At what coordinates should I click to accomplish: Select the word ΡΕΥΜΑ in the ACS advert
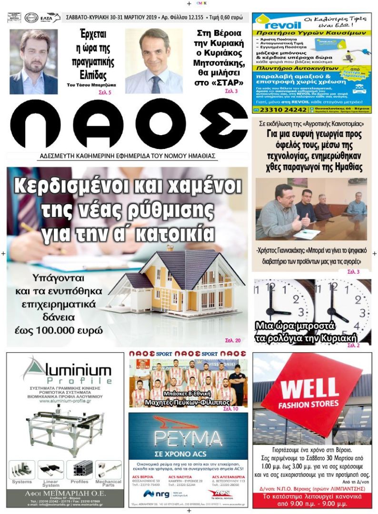(188, 438)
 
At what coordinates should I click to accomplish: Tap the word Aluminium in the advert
(68, 370)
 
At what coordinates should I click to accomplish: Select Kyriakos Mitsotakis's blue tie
(155, 84)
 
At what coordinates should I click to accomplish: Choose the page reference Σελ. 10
(231, 409)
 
